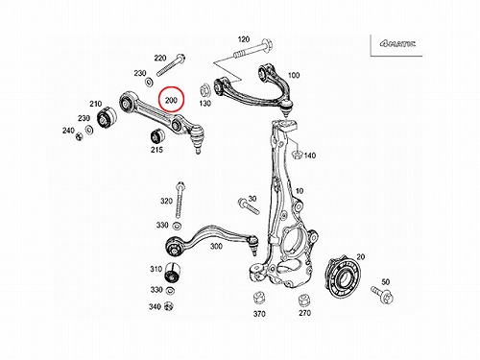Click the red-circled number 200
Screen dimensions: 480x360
click(x=171, y=100)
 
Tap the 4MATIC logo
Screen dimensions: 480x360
click(x=397, y=43)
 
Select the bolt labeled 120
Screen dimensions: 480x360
click(x=252, y=49)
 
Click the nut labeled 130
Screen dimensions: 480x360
click(x=204, y=90)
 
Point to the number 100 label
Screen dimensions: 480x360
click(x=294, y=75)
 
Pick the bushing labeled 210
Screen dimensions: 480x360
click(x=108, y=118)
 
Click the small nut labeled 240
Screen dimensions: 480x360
click(x=79, y=136)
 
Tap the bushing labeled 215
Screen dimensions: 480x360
click(x=156, y=136)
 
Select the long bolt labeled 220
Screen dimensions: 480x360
click(x=171, y=65)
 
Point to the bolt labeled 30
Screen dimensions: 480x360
click(x=248, y=205)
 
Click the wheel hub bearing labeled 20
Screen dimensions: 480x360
click(x=343, y=276)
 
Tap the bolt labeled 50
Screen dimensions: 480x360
click(x=382, y=295)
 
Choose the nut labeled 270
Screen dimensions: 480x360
click(x=304, y=300)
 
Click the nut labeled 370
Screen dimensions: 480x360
click(x=258, y=299)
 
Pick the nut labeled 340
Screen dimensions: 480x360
click(x=168, y=306)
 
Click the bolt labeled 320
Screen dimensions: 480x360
click(x=180, y=200)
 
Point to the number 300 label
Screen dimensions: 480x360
click(x=216, y=247)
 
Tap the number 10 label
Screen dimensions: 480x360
click(x=299, y=191)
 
